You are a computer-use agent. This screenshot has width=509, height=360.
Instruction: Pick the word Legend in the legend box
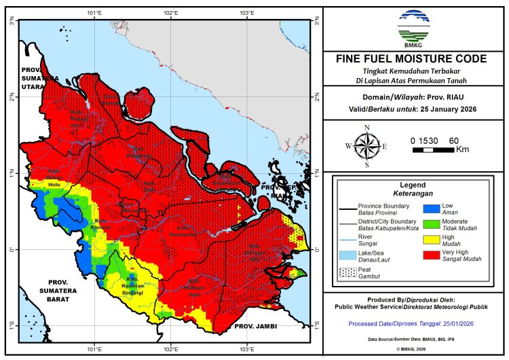click(x=412, y=184)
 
